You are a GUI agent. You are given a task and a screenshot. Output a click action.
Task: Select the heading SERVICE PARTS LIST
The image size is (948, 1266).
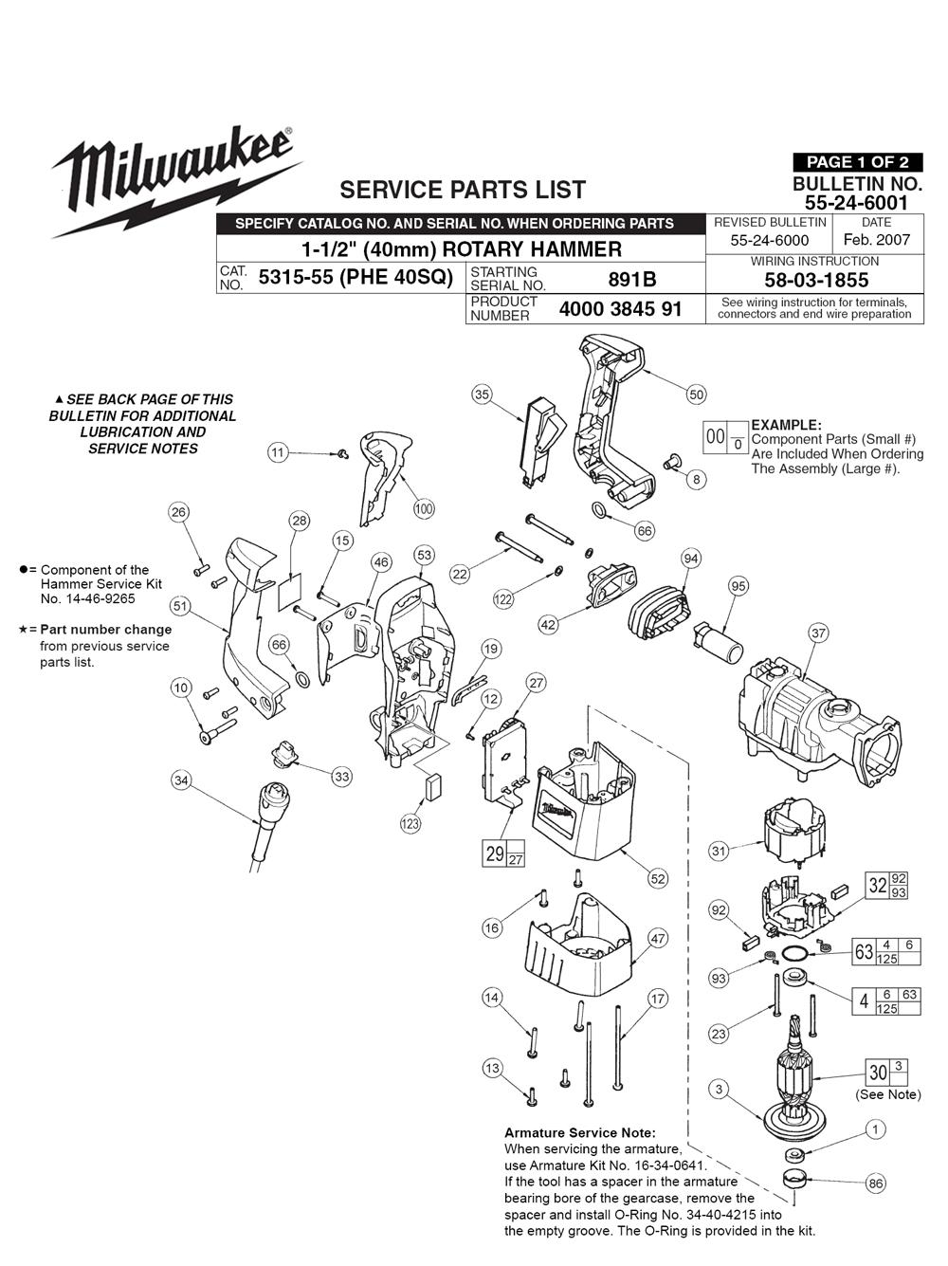tap(463, 190)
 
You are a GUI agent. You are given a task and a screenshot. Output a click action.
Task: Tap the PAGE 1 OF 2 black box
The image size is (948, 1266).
tap(857, 162)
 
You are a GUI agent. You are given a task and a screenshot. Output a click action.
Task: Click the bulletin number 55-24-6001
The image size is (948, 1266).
tap(857, 202)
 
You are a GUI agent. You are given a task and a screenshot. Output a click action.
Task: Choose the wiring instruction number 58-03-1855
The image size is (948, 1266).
tap(815, 280)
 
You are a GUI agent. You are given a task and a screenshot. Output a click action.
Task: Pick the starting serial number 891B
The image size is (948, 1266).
tap(632, 280)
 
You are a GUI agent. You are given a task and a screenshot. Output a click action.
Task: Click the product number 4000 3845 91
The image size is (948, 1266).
tap(620, 309)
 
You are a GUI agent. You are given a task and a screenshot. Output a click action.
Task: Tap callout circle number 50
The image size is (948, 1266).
tap(696, 394)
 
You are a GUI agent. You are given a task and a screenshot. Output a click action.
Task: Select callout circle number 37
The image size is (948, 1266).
tap(818, 633)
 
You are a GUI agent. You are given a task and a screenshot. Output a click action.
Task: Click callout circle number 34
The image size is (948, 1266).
tap(181, 780)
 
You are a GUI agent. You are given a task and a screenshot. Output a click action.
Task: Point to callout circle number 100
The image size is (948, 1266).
tap(424, 509)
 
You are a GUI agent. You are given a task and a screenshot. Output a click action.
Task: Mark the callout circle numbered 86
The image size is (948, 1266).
tap(876, 1183)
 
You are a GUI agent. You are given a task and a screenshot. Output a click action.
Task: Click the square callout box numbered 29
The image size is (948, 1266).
tap(495, 853)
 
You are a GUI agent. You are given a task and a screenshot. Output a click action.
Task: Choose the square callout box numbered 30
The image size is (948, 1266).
tap(879, 1073)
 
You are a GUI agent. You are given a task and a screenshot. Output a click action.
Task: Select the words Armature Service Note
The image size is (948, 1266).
tap(579, 1132)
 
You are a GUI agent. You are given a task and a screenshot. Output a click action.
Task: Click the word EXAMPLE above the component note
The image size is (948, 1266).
tap(786, 425)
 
